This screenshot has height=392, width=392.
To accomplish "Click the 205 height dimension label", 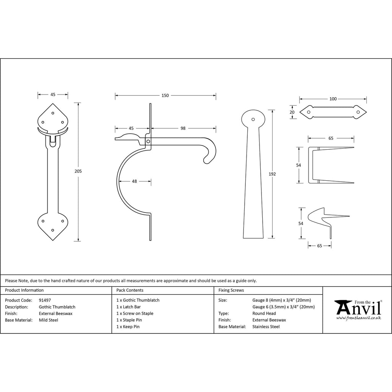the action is coord(78,171).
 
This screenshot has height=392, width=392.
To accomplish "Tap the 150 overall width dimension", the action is coord(165,95).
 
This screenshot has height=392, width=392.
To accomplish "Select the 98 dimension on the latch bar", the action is coord(183,128).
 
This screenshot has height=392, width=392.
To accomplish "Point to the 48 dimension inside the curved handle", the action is coord(134,181).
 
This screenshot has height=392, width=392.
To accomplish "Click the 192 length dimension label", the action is coord(272,174).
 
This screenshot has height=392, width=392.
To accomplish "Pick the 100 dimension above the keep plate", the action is coord(333,99).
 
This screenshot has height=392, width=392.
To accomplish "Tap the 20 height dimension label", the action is coord(292,112).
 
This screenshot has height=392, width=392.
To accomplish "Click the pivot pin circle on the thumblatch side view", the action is coord(148,142).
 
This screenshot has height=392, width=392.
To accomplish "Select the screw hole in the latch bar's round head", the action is coord(253,119).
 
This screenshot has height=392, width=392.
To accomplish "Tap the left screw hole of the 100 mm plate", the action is coord(309,112).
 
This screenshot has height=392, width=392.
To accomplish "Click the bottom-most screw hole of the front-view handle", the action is coord(52,230).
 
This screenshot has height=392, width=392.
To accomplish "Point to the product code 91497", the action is coord(45,300).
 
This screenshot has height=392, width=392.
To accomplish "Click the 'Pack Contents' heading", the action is coord(130,290).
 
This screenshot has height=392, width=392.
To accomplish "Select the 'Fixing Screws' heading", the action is coord(231,290).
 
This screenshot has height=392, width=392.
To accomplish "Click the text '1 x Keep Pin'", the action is coord(128,327).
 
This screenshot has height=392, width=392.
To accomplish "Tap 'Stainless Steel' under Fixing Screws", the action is coord(266,327).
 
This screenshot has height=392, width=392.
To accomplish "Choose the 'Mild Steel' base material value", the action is coord(49,320).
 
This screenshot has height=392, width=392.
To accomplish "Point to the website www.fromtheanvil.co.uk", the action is coord(358,318).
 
